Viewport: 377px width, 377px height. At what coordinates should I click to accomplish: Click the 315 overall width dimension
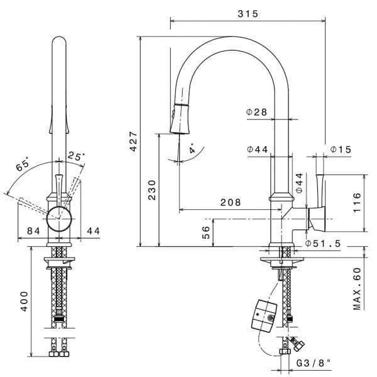pos(249,13)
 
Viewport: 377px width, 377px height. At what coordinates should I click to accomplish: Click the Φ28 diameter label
pos(257,112)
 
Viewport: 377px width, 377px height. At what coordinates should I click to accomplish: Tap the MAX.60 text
pos(358,288)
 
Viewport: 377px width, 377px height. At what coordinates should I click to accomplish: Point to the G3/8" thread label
pos(314,363)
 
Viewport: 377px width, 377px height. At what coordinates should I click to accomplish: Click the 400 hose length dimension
pos(24,301)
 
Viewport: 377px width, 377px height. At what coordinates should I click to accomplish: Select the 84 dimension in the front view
pos(34,231)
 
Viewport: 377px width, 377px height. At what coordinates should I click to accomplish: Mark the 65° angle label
pos(23,167)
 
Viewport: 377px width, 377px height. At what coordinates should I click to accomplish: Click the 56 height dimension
pos(206,232)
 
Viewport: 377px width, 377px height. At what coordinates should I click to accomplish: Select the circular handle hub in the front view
pos(60,216)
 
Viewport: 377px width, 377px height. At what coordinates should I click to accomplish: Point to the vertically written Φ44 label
pos(300,182)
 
